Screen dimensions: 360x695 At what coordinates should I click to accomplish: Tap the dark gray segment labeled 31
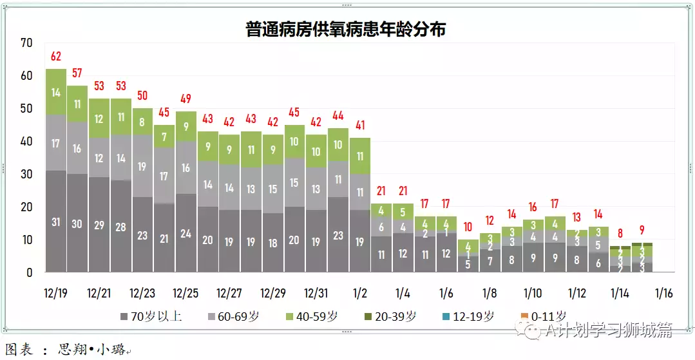click(x=55, y=222)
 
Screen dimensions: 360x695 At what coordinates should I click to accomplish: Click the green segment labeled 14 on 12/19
click(x=55, y=92)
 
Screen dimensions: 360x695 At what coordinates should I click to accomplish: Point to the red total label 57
click(x=77, y=72)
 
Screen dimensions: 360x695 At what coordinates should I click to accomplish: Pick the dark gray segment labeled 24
click(x=186, y=233)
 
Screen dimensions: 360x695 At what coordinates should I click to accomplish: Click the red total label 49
click(x=186, y=99)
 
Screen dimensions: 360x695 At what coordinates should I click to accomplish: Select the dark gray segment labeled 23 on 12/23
click(x=142, y=235)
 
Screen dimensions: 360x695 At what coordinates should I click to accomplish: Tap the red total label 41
click(x=360, y=125)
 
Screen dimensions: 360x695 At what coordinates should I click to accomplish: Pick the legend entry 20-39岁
click(x=393, y=316)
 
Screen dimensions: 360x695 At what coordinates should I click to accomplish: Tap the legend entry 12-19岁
click(x=471, y=316)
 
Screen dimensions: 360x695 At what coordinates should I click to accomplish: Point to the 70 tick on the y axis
click(x=26, y=43)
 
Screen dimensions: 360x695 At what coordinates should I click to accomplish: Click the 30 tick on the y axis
click(x=26, y=175)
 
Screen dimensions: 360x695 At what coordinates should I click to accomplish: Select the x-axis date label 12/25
click(x=186, y=293)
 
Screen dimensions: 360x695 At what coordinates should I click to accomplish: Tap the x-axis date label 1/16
click(x=663, y=293)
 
